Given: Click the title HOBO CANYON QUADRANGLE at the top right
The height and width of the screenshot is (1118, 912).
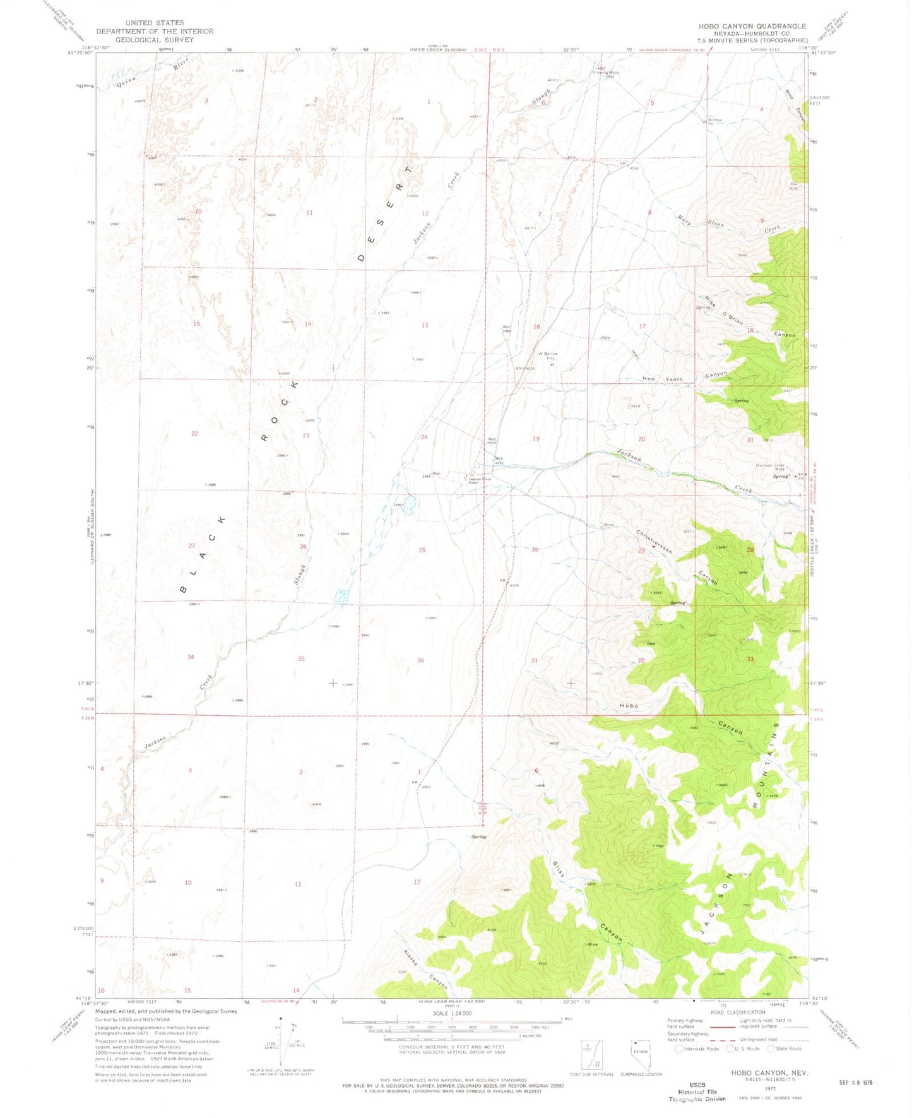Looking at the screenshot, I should [x=752, y=26].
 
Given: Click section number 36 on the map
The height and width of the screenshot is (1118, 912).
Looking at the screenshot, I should [x=420, y=660].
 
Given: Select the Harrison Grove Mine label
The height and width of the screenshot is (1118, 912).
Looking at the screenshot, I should [x=770, y=467].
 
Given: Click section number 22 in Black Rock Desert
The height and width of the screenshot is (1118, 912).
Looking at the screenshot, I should [x=194, y=434].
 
